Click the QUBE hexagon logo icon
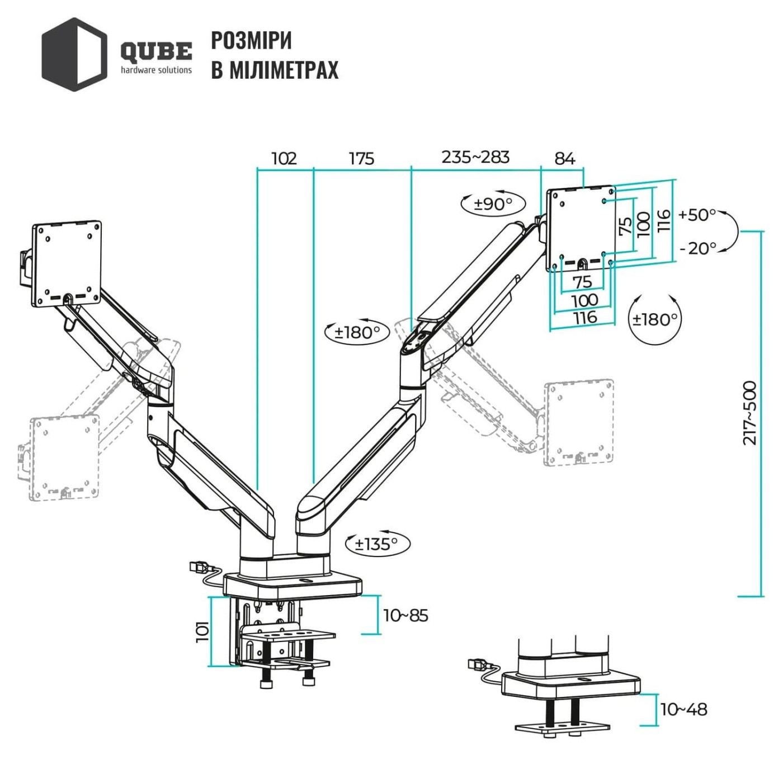(74, 54)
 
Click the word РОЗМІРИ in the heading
(251, 40)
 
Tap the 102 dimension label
(284, 159)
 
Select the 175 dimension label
(361, 159)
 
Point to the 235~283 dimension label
(475, 157)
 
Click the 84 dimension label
(564, 159)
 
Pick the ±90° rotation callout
(493, 204)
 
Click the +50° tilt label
(697, 215)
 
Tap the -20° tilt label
(697, 248)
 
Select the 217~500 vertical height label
(749, 413)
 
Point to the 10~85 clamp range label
(405, 616)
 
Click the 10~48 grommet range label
(683, 709)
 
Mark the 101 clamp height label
(202, 631)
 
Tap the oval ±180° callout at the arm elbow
(357, 333)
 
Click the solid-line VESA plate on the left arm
(67, 264)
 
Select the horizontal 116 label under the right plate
(584, 318)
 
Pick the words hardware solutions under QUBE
(156, 70)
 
